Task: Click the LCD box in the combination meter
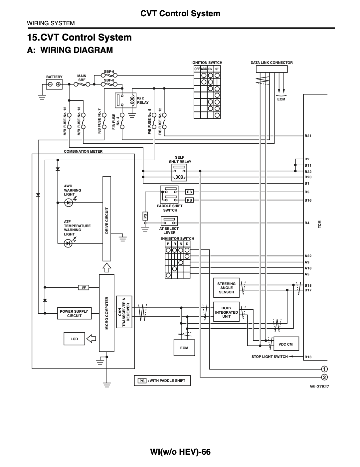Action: coord(74,339)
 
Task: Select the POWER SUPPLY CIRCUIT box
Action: coord(74,313)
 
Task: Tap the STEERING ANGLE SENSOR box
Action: coord(226,288)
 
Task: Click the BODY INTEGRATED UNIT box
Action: coord(226,312)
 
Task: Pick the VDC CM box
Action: coord(286,344)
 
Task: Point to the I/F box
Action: coord(84,287)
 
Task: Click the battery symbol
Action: coord(54,84)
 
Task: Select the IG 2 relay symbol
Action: coord(125,100)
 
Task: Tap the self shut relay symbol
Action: coord(179,173)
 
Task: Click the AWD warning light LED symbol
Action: coord(69,203)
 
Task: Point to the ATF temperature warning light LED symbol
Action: coord(68,243)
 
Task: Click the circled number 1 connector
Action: coord(324,369)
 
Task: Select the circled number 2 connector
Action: coord(324,377)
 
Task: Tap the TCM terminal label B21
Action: coord(308,136)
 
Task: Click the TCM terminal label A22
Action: coord(308,256)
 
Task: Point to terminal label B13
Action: coord(308,357)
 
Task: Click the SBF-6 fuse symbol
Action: coord(109,76)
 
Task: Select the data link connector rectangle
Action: coord(272,69)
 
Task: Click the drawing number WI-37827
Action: coord(319,387)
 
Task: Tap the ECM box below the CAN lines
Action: coord(184,348)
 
